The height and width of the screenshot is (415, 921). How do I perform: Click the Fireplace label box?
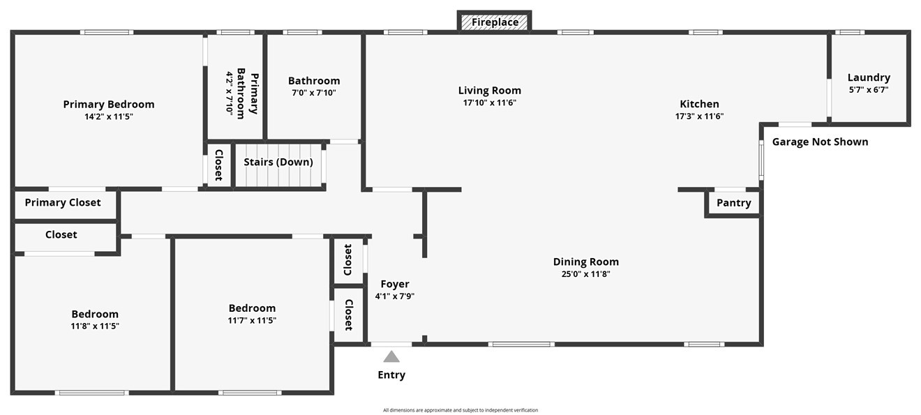click(495, 22)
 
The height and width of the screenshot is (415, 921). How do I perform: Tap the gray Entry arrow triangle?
click(391, 356)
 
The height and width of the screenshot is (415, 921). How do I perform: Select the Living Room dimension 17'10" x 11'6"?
click(489, 103)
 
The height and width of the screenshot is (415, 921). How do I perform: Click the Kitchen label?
click(699, 104)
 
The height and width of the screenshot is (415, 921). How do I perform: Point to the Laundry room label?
click(869, 77)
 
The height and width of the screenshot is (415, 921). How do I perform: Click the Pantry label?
click(733, 203)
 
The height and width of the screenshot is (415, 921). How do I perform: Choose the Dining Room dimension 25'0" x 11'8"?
click(585, 274)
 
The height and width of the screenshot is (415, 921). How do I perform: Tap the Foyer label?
click(394, 284)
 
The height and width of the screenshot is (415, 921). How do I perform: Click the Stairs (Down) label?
click(278, 162)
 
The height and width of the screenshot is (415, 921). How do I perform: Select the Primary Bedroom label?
click(109, 105)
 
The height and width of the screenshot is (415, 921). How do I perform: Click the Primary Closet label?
click(63, 202)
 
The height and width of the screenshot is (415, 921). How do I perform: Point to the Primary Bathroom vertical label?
click(248, 93)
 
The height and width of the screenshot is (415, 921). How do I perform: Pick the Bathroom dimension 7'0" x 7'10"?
click(313, 92)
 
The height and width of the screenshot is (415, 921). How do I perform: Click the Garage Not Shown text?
click(820, 142)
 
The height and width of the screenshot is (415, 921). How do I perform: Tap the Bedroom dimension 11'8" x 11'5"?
click(95, 326)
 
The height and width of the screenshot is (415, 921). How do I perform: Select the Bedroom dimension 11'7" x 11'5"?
click(252, 320)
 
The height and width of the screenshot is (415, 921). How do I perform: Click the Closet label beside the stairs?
click(218, 165)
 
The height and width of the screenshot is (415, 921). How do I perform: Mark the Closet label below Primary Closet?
click(61, 234)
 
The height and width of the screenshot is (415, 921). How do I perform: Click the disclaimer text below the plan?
click(460, 410)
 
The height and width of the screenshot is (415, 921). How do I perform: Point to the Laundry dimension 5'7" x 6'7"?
click(869, 89)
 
